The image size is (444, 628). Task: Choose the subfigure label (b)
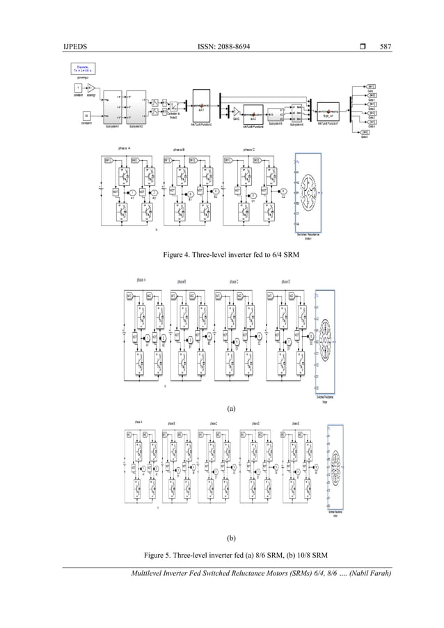coord(222,537)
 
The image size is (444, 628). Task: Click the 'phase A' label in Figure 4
coord(124,149)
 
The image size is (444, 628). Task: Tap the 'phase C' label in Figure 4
coord(248,149)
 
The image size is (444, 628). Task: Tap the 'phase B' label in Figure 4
coord(186,149)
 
